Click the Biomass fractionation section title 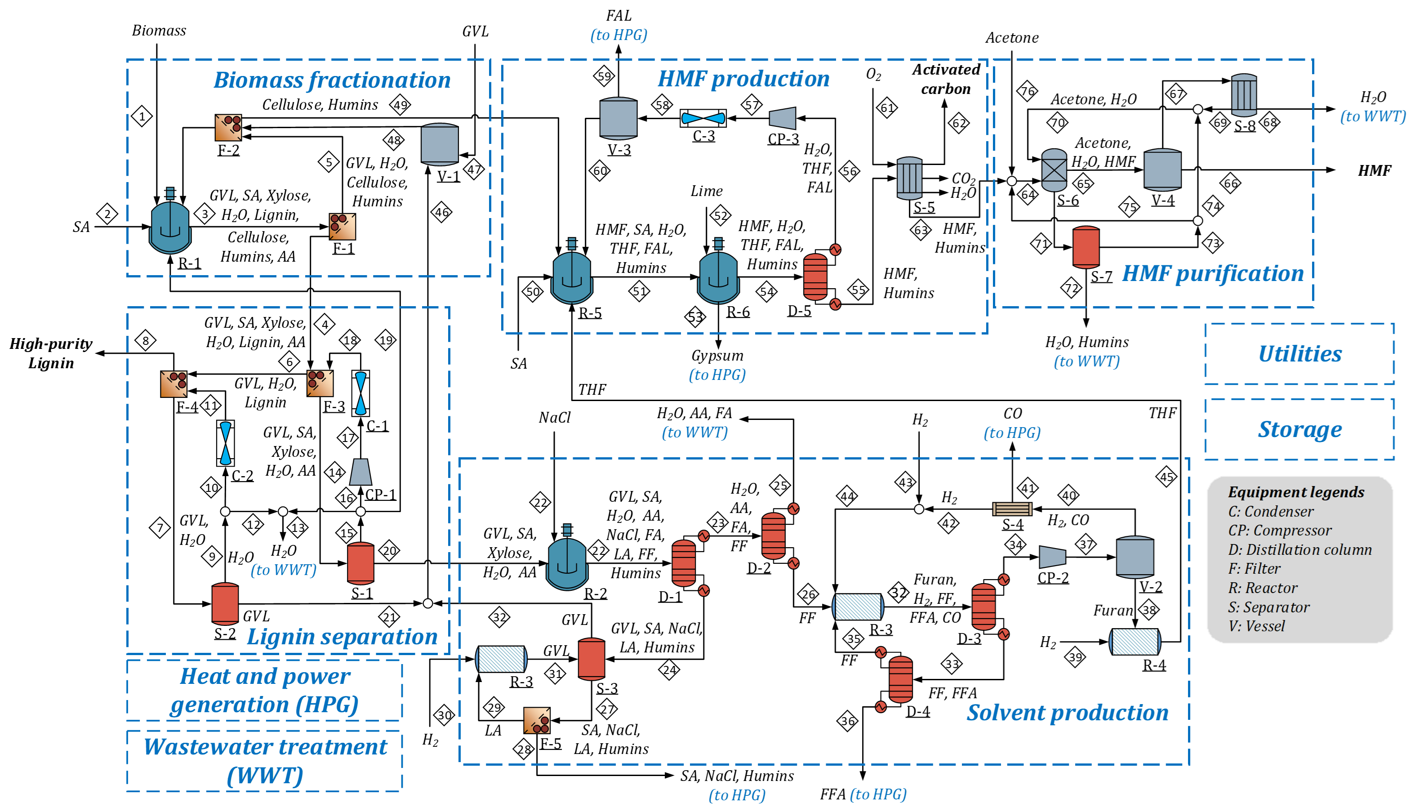332,80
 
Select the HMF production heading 744,79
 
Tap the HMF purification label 1213,274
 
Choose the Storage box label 1299,429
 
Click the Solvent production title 1067,713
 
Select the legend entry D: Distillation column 1299,550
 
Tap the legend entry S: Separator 1268,607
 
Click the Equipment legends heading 1296,492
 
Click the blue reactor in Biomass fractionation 170,226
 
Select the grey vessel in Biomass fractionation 439,144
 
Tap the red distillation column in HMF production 815,277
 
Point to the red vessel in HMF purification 1086,247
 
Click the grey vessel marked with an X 1054,170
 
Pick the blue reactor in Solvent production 567,562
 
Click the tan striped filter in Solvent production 1012,509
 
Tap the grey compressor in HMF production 782,118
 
